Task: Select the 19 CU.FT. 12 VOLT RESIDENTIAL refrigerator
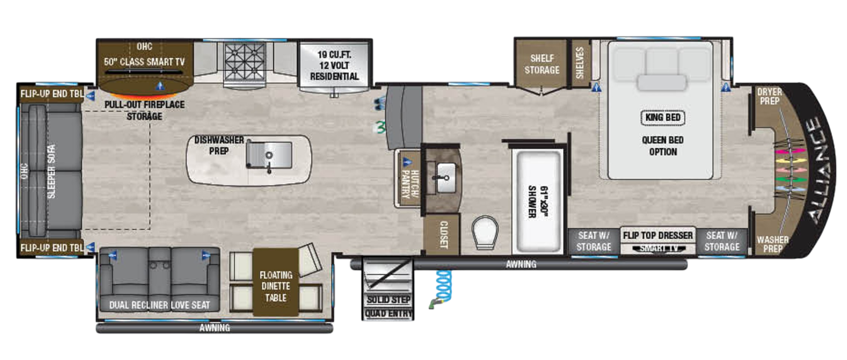(334, 66)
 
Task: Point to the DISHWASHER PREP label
(219, 145)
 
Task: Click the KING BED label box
(663, 117)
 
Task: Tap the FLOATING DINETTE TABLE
(276, 286)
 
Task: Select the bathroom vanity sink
(443, 178)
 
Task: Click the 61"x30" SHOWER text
(538, 202)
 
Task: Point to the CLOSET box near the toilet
(443, 235)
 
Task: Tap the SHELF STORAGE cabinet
(542, 64)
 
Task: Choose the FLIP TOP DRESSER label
(658, 235)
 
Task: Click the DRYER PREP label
(769, 97)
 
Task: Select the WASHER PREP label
(772, 244)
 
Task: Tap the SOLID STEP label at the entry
(388, 299)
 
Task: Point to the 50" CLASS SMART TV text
(144, 62)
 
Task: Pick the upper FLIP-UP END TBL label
(52, 94)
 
